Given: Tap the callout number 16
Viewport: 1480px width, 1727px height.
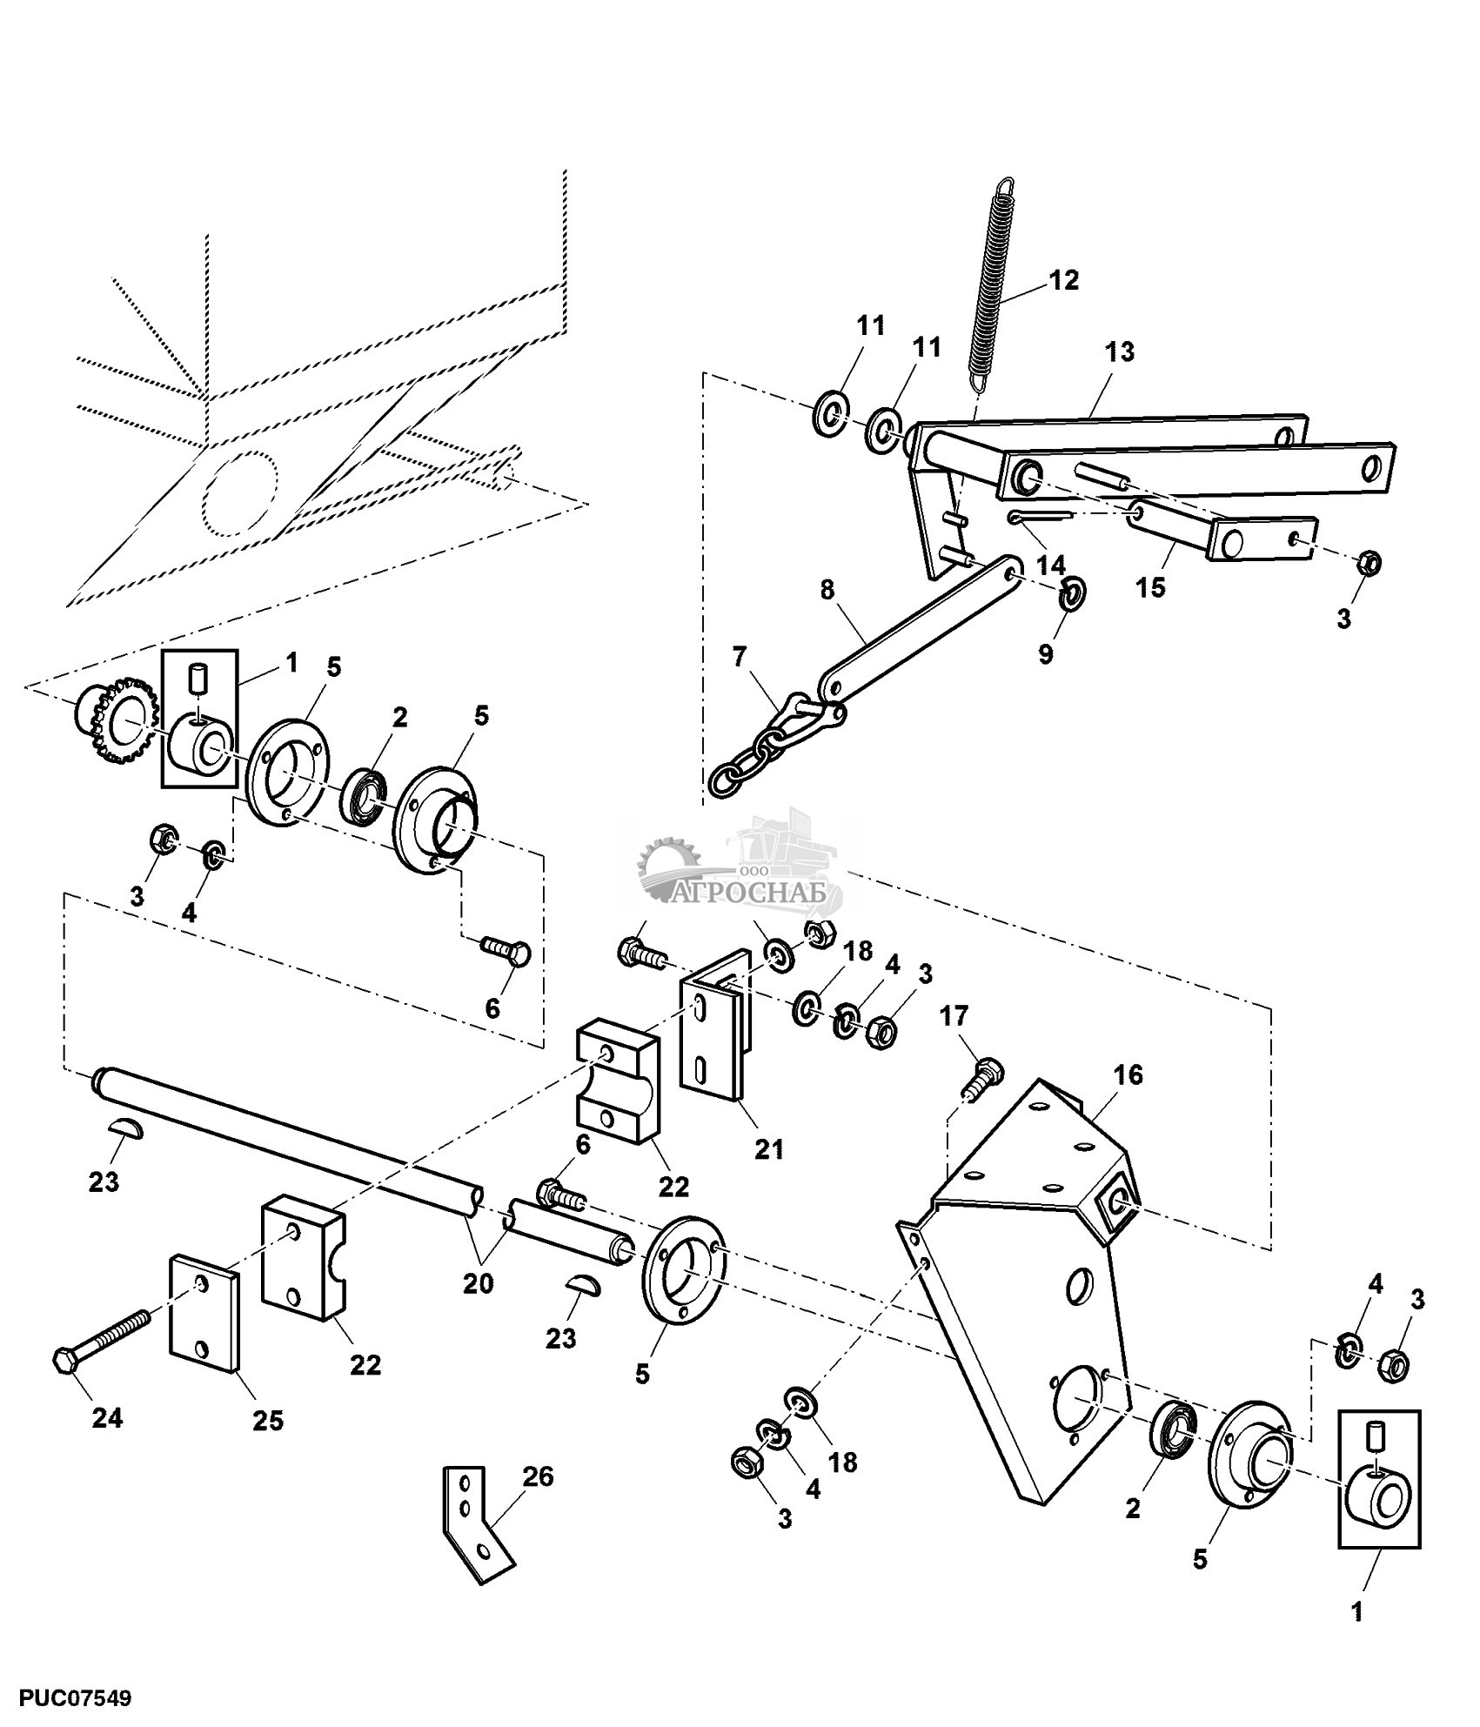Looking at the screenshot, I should pos(1127,1075).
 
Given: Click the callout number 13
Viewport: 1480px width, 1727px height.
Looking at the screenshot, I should pos(1120,352).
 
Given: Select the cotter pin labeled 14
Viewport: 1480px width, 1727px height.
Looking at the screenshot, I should pos(1041,518).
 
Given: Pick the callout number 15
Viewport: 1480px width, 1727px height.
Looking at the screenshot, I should pos(1150,587).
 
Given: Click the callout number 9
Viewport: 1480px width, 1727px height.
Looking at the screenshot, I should pos(1045,653).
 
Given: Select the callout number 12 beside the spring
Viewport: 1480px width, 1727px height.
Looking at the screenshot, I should pos(1063,280).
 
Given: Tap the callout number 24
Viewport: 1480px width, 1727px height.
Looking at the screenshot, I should pos(107,1418).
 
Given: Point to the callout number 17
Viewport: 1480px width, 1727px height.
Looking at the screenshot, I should pos(954,1015).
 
